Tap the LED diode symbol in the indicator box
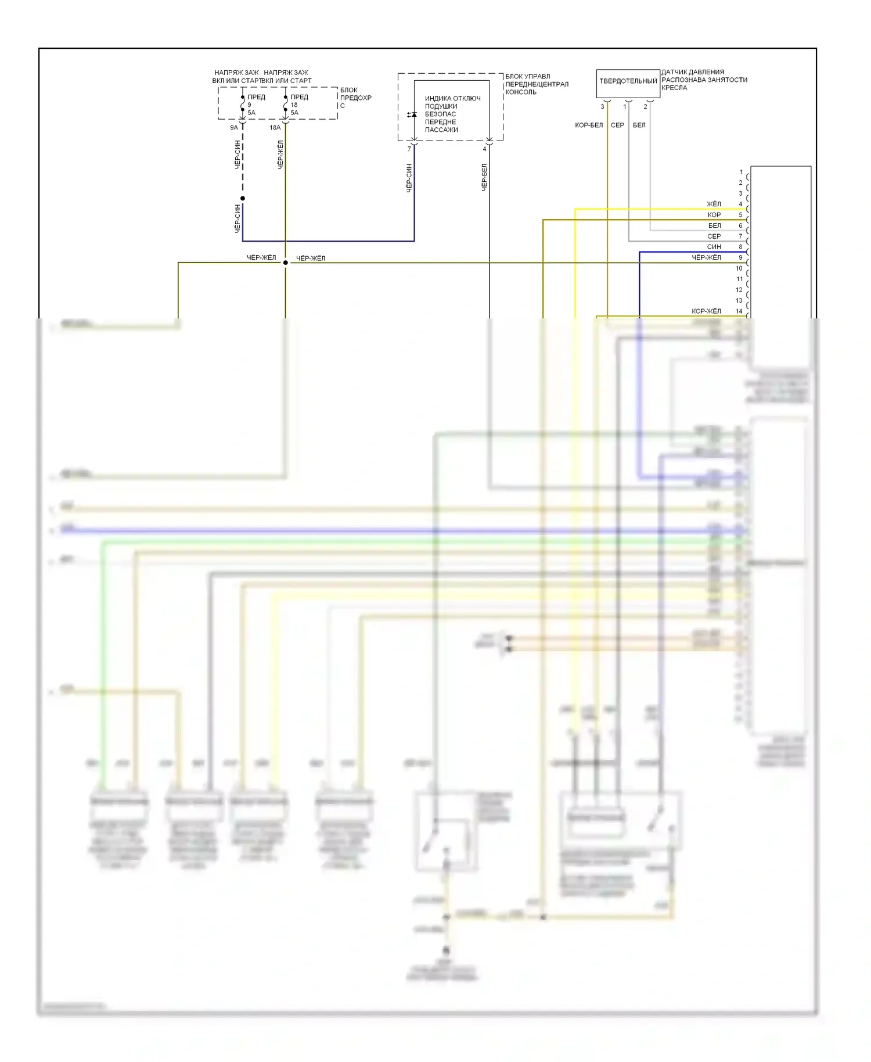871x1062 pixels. pos(412,114)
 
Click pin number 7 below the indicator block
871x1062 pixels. pos(409,149)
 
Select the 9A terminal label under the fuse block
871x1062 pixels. pos(233,128)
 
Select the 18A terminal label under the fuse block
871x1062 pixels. pos(275,128)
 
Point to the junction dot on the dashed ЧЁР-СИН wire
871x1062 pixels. pos(243,199)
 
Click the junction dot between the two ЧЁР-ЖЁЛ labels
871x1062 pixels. pos(285,263)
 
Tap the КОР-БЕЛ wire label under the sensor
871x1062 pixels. pos(588,125)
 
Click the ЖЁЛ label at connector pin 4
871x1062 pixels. pos(714,204)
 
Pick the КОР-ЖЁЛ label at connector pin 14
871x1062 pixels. pos(706,311)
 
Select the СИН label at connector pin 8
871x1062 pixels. pos(714,247)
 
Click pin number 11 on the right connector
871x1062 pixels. pos(739,279)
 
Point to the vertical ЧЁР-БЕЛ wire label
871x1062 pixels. pos(484,177)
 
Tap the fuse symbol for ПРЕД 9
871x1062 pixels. pos(243,105)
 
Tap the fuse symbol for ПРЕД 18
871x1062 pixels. pos(286,105)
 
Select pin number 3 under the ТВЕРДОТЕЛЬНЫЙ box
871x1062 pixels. pos(602,107)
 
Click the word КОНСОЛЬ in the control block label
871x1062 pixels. pos(521,92)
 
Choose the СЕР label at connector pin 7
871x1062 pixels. pos(714,236)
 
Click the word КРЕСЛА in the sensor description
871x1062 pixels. pos(674,88)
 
